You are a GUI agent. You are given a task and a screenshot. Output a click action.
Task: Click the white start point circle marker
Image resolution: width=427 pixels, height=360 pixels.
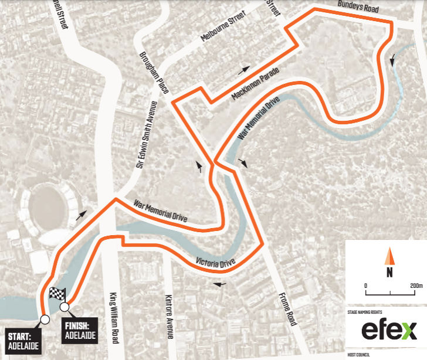[44, 320]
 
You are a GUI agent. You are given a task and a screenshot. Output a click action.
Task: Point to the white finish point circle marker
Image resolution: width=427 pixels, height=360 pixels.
[65, 307]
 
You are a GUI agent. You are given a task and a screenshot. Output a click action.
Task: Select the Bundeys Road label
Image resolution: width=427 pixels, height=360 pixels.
[358, 8]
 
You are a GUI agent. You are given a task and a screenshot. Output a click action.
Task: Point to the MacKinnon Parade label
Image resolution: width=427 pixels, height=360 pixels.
[256, 85]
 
